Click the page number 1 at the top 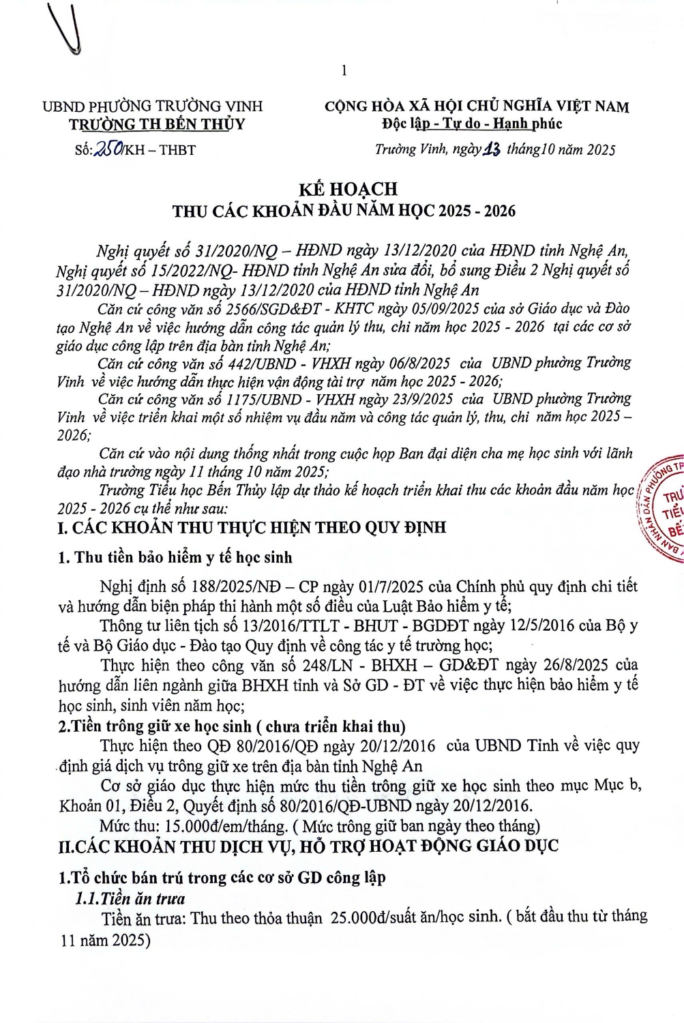[344, 70]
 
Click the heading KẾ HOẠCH [348, 189]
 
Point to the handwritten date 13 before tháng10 [492, 149]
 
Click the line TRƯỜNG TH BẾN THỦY [157, 124]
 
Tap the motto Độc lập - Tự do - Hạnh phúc [472, 124]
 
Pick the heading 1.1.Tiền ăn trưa [130, 898]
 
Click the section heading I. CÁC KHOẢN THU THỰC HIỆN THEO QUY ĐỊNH [252, 527]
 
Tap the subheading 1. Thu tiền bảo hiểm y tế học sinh [175, 557]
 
